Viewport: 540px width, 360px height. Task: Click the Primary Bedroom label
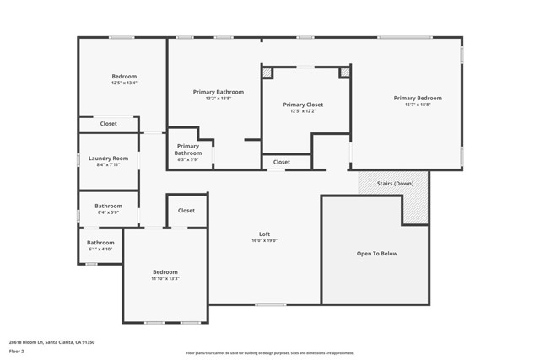(x=417, y=98)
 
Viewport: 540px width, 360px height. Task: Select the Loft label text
(x=264, y=234)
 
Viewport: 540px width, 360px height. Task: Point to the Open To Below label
(x=376, y=253)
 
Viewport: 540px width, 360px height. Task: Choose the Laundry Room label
(x=109, y=158)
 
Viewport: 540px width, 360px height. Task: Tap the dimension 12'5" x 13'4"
(x=123, y=83)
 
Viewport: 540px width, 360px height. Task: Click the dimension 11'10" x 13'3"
(x=165, y=278)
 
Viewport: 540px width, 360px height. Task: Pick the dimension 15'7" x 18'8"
(x=417, y=105)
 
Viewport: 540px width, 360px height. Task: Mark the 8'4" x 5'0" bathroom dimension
(x=108, y=212)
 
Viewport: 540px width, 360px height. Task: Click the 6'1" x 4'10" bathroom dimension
(x=100, y=250)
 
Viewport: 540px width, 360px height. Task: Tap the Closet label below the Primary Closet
(x=282, y=162)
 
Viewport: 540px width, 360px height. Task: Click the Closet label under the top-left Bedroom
(x=109, y=124)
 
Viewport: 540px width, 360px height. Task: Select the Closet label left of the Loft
(x=186, y=211)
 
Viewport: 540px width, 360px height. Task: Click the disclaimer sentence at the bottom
(x=270, y=353)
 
